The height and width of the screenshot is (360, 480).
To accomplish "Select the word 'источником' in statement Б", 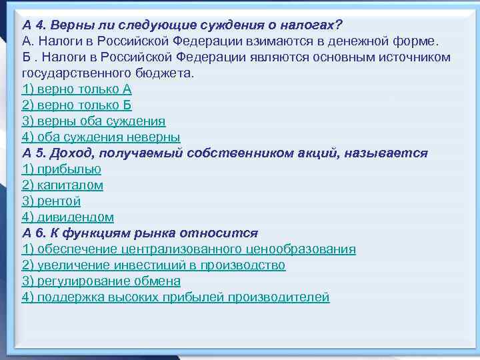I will (x=414, y=57).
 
